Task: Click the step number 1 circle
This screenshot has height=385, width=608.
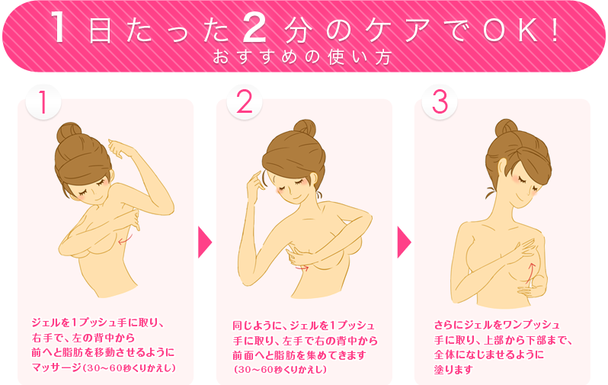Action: pyautogui.click(x=43, y=101)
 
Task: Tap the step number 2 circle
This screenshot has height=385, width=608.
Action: pyautogui.click(x=245, y=101)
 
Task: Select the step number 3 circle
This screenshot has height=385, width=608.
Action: pyautogui.click(x=440, y=101)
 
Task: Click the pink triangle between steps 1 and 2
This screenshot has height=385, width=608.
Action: pyautogui.click(x=204, y=242)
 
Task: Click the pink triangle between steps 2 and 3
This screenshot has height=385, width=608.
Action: pyautogui.click(x=404, y=242)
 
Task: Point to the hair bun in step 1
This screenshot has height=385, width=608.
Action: pyautogui.click(x=69, y=133)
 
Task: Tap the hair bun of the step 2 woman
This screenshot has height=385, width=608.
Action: pyautogui.click(x=305, y=129)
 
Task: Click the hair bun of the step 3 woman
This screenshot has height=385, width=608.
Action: pyautogui.click(x=506, y=128)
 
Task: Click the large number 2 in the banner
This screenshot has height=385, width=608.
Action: pyautogui.click(x=254, y=27)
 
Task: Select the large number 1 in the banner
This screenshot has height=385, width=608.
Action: pyautogui.click(x=59, y=27)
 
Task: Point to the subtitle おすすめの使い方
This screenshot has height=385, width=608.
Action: pyautogui.click(x=302, y=57)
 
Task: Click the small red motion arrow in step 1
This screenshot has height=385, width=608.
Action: pyautogui.click(x=126, y=239)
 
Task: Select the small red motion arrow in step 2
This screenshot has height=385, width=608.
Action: pyautogui.click(x=301, y=267)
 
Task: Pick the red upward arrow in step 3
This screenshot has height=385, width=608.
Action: pyautogui.click(x=530, y=271)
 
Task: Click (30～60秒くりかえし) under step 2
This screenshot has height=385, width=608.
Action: pyautogui.click(x=280, y=370)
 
